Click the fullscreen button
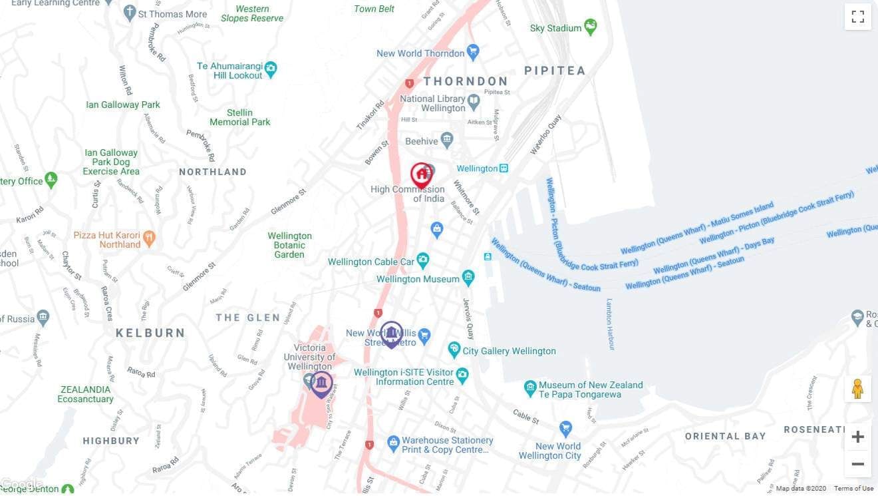pos(857,17)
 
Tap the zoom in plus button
pos(857,437)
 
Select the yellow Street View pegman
pos(857,389)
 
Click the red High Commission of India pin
pos(421,176)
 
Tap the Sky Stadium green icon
pos(590,27)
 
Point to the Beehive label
pos(422,141)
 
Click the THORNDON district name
pos(466,81)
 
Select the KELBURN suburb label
pos(150,333)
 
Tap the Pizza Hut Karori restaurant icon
pos(149,236)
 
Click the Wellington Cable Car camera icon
pos(422,259)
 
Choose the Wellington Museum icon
pos(468,277)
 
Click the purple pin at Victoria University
pos(321,384)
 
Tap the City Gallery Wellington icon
pos(454,349)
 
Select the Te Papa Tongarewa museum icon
pos(530,387)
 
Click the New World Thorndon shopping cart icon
pos(473,51)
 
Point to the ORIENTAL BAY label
pos(725,436)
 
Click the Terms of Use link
pos(853,489)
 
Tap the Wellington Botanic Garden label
pos(289,245)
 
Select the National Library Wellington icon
pos(474,102)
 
